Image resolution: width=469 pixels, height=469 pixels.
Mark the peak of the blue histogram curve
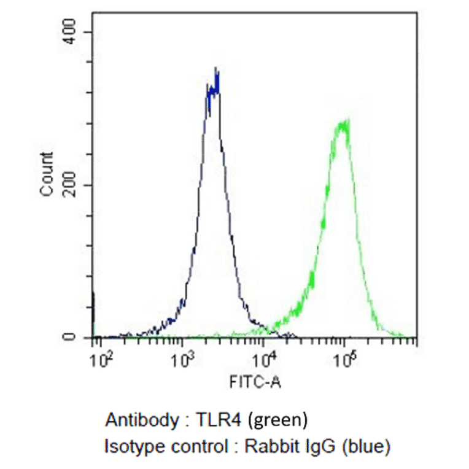pyautogui.click(x=215, y=69)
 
